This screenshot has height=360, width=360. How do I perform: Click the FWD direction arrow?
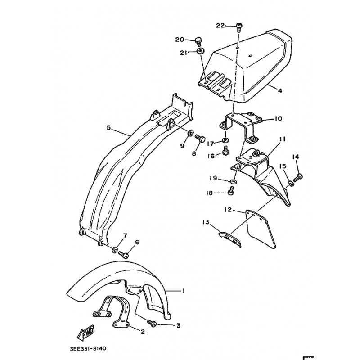point(86,333)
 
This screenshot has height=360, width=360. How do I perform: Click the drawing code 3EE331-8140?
point(88,349)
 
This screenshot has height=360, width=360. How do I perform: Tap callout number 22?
point(220,26)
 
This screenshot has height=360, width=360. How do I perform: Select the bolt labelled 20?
point(198,42)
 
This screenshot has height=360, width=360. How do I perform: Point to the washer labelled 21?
point(201,51)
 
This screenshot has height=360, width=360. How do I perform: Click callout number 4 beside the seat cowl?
point(279,91)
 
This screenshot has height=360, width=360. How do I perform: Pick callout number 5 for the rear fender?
point(108,128)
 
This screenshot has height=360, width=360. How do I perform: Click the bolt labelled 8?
point(200,138)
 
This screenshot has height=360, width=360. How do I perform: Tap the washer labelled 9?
point(190,133)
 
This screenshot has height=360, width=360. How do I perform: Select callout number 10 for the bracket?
point(278,119)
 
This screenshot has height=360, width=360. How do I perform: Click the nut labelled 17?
point(225,139)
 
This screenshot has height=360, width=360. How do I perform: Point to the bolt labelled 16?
point(225,150)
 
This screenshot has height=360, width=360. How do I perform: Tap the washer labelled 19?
point(234,182)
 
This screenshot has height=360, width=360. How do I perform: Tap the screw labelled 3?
point(152,323)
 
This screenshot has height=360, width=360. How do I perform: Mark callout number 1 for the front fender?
point(183,291)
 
